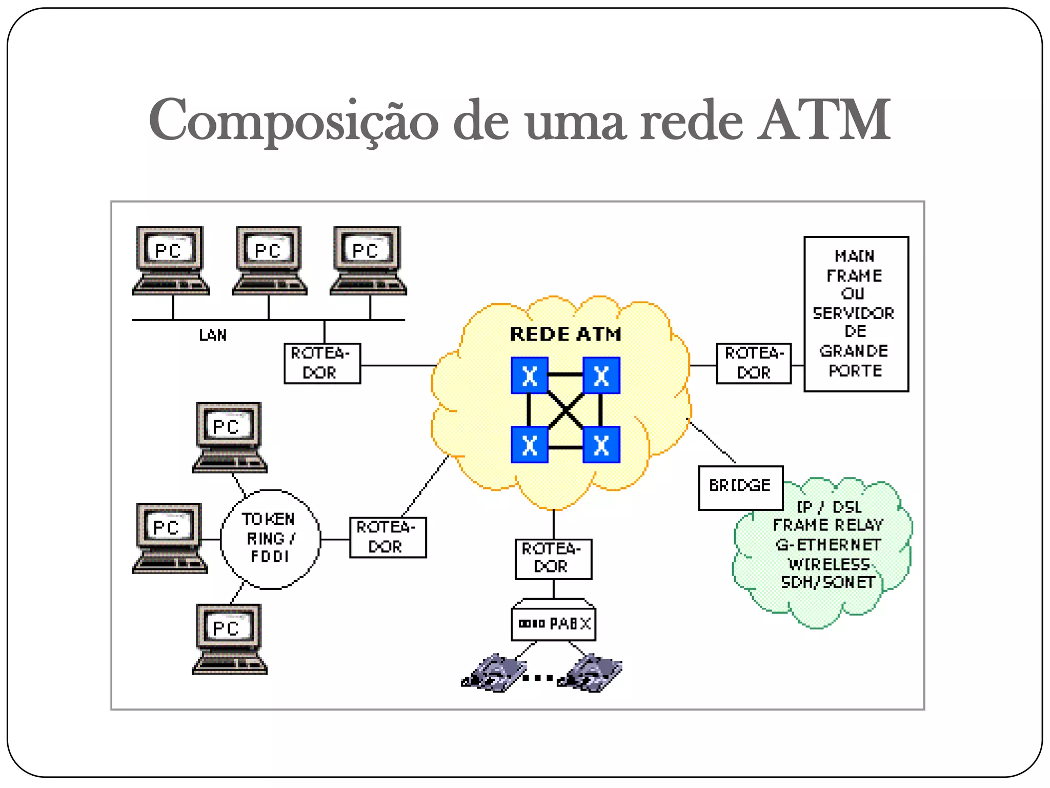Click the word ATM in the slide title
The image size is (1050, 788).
(x=824, y=121)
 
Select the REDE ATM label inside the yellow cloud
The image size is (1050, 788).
(x=566, y=334)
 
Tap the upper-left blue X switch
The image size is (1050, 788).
(x=530, y=376)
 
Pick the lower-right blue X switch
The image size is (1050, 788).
(x=601, y=445)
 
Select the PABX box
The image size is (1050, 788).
(x=554, y=624)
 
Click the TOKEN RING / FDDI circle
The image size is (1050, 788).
(x=270, y=539)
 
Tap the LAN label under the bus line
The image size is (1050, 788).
(x=213, y=336)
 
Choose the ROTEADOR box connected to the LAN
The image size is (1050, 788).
(x=322, y=363)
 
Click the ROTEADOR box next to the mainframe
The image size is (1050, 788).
(x=754, y=363)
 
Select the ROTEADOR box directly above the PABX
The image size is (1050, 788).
(x=553, y=559)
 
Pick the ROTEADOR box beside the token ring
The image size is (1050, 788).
(x=388, y=537)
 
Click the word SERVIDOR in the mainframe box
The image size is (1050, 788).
(x=854, y=313)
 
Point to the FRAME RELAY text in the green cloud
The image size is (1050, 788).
(x=828, y=525)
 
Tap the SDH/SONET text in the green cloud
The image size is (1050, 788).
(x=828, y=582)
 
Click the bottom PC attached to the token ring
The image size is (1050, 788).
(x=229, y=638)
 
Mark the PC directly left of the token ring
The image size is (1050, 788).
(x=169, y=538)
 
